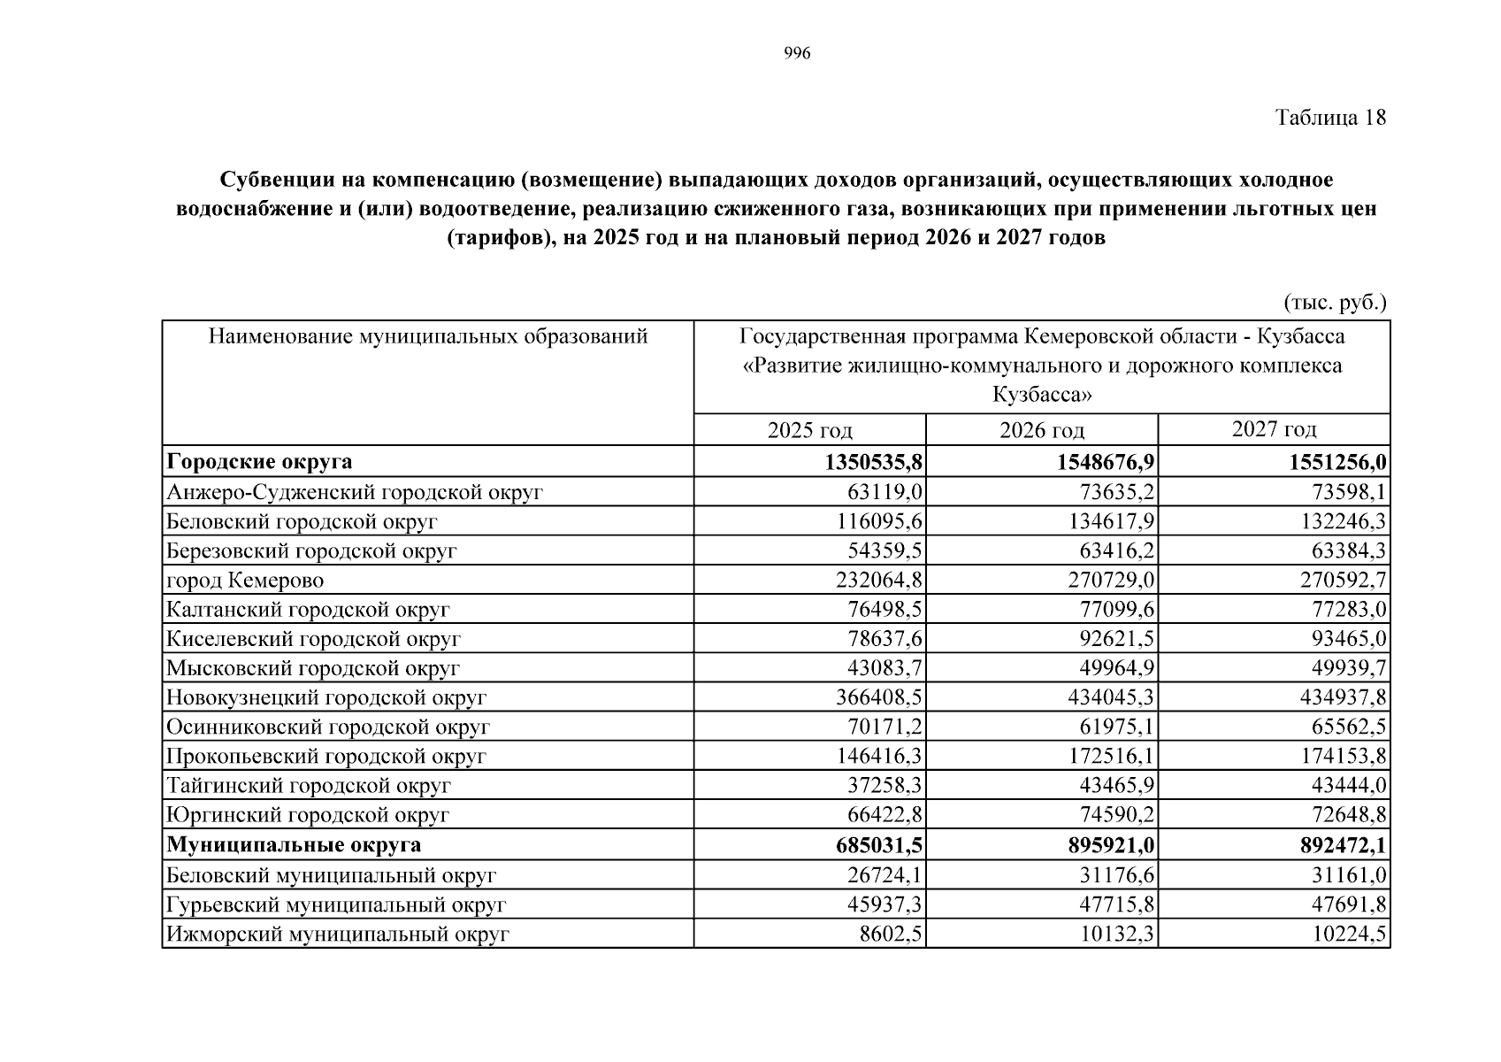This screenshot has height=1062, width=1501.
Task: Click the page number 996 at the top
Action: click(x=797, y=54)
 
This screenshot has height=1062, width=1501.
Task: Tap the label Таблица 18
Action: click(x=1330, y=118)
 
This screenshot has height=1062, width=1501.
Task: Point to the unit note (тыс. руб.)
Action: click(x=1335, y=303)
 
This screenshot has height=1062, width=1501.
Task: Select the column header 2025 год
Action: click(x=809, y=431)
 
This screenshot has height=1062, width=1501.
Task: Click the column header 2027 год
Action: click(x=1274, y=429)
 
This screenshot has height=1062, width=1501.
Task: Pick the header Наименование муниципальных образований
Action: click(x=428, y=336)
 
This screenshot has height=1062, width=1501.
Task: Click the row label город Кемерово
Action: click(x=245, y=581)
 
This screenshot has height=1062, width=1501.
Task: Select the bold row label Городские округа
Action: click(x=259, y=462)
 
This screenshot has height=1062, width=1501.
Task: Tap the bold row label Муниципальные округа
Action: click(x=294, y=845)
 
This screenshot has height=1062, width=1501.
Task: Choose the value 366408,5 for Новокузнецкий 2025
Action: click(x=879, y=697)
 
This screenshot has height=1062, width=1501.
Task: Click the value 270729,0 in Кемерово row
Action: click(x=1111, y=581)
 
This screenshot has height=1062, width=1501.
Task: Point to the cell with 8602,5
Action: click(x=891, y=935)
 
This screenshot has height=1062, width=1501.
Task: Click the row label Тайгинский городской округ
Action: click(x=309, y=786)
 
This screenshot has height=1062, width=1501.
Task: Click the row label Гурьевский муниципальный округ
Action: click(x=336, y=905)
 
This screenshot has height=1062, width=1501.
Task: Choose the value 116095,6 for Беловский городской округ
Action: click(x=879, y=522)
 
